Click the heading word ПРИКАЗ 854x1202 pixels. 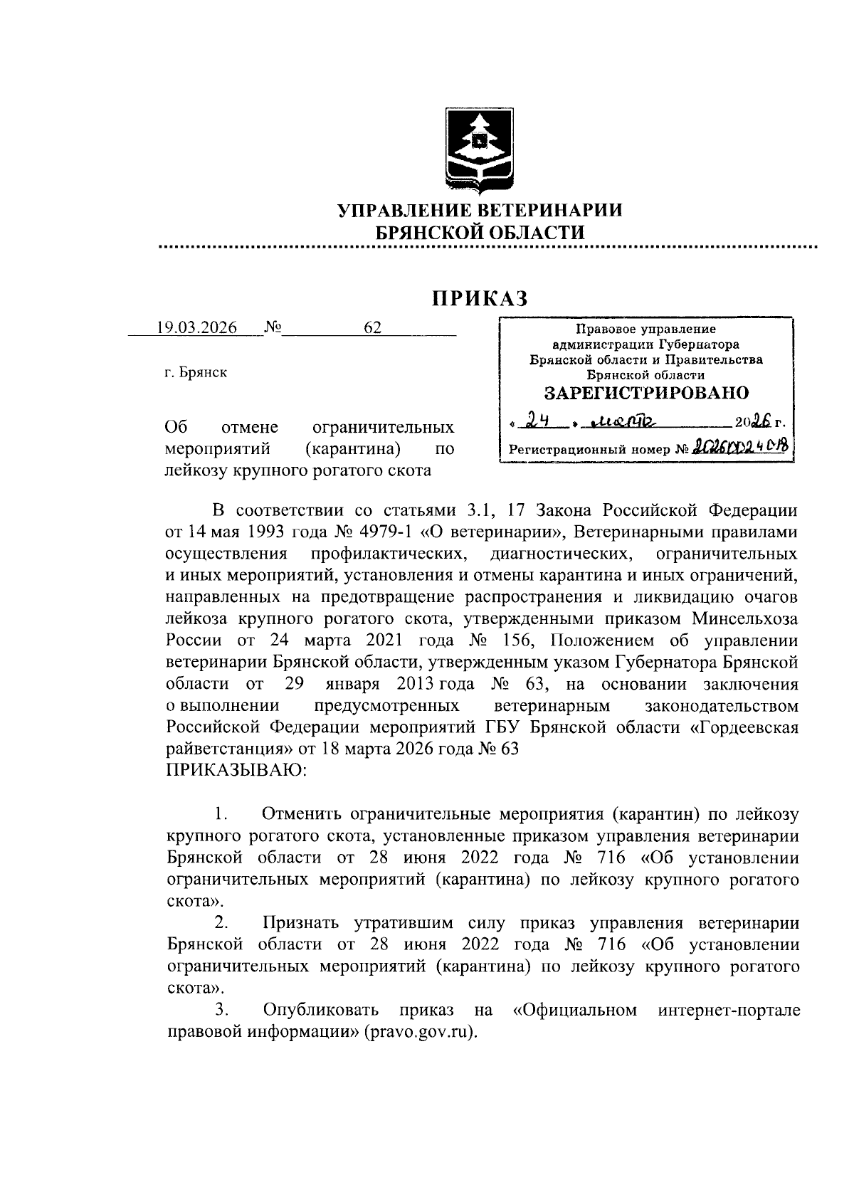480,298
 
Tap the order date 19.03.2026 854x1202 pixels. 197,327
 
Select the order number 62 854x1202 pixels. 372,327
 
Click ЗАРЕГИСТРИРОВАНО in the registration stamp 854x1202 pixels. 646,393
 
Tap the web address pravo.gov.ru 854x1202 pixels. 418,1032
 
